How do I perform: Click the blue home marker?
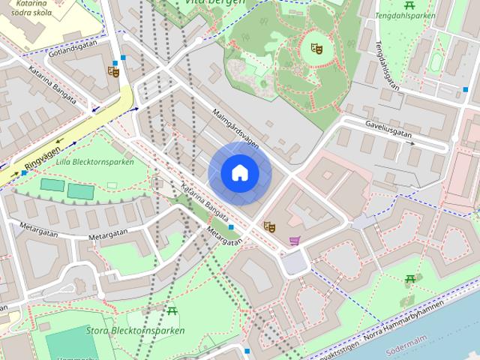coord(239,173)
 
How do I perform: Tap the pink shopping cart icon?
coord(295,241)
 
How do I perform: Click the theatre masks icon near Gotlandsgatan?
coord(113,72)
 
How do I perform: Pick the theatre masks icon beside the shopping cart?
coord(269,226)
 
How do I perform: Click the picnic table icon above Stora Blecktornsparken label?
coord(172,310)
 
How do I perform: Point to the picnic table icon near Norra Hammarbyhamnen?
coord(410,280)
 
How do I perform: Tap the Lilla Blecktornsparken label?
coord(95,162)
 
